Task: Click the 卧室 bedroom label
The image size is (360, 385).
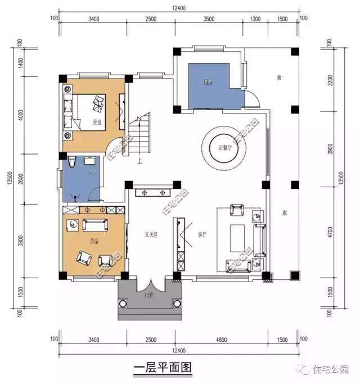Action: (x=97, y=121)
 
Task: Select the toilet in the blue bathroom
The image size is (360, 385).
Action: (x=73, y=164)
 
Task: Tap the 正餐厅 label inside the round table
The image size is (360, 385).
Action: (x=224, y=148)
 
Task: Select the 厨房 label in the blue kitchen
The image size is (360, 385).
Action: (x=208, y=83)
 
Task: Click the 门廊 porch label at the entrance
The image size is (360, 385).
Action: (x=150, y=293)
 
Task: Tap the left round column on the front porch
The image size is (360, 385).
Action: (x=123, y=304)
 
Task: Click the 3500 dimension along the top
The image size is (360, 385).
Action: (x=209, y=19)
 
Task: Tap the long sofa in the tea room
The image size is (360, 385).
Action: (x=95, y=225)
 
